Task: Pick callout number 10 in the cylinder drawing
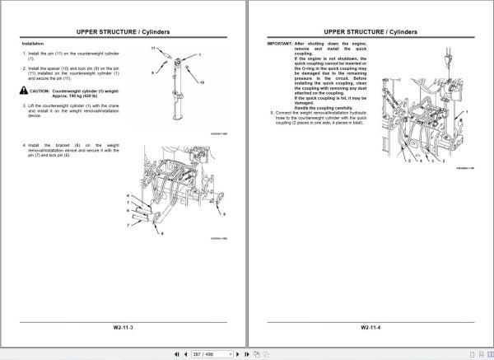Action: (x=202, y=83)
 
